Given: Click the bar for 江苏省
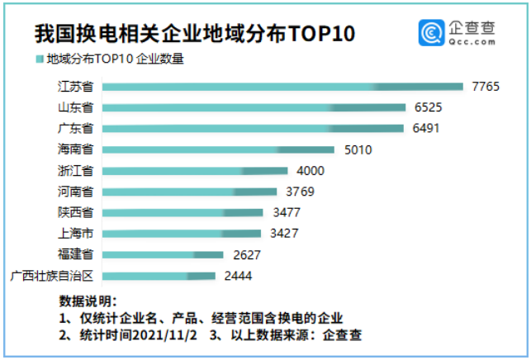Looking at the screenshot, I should [x=281, y=87].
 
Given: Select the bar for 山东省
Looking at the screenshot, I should [x=253, y=108].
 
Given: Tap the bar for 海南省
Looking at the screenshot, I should [x=217, y=150].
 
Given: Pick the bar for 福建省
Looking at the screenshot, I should [x=162, y=254].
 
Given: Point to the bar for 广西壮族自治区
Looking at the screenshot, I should [x=158, y=276].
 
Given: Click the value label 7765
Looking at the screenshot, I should [x=486, y=87].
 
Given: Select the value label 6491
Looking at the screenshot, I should [x=427, y=129].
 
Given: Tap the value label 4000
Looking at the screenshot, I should [x=311, y=171].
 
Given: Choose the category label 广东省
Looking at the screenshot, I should [x=75, y=129].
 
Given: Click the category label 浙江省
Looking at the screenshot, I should [x=75, y=171].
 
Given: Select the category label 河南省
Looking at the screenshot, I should [x=75, y=192].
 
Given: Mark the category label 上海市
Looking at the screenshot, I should [x=75, y=234].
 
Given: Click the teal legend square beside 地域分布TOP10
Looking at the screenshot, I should [x=40, y=59].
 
